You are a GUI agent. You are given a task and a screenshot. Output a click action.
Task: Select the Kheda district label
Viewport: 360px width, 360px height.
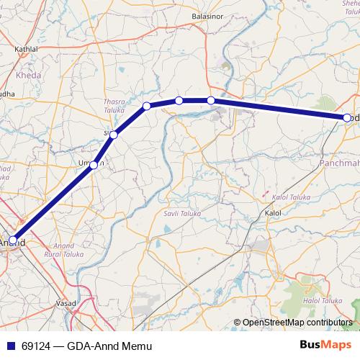coord(29,74)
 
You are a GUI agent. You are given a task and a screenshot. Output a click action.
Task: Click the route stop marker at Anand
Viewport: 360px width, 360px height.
coord(13,240)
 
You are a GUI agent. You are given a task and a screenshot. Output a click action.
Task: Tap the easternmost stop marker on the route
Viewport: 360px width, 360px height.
coord(347,117)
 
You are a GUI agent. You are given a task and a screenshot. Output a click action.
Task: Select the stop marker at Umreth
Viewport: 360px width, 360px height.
coord(94,165)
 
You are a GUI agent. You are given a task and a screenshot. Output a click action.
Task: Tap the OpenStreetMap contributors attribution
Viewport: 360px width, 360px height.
coord(296,323)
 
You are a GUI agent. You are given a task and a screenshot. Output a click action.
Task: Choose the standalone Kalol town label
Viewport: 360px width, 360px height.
coord(273,214)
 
